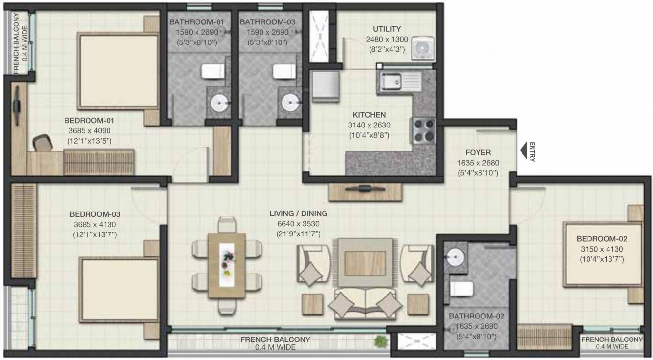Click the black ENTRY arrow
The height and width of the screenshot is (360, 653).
tap(523, 151)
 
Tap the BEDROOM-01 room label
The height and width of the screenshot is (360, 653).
tap(89, 120)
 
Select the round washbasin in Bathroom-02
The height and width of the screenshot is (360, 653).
tap(455, 256)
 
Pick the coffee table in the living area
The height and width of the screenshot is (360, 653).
tap(363, 262)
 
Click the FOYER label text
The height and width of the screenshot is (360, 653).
tap(478, 152)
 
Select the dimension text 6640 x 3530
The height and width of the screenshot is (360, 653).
tap(298, 224)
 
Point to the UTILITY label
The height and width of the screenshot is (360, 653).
tap(387, 29)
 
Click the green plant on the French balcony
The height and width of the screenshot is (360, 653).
tap(379, 340)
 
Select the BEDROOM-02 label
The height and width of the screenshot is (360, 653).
tap(602, 239)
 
